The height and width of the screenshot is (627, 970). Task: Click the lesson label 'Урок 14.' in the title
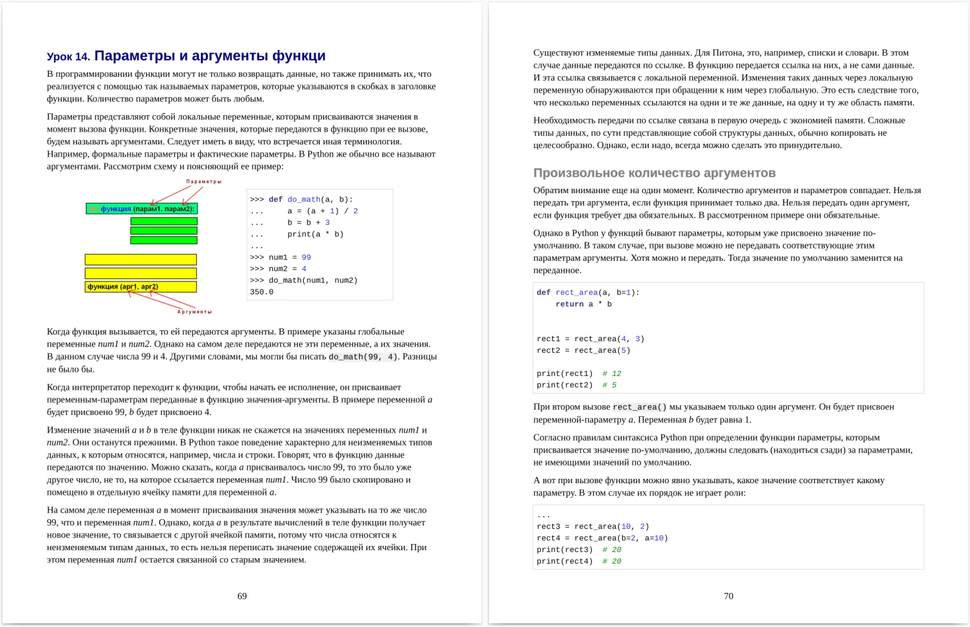[68, 57]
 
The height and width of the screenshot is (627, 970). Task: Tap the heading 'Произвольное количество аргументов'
[654, 173]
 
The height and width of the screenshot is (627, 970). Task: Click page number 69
[242, 596]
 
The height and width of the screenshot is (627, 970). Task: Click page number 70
[728, 596]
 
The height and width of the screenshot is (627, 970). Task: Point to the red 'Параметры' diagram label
[203, 182]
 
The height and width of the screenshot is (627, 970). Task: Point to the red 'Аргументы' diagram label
[194, 311]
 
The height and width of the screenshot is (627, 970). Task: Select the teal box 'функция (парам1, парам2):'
[141, 209]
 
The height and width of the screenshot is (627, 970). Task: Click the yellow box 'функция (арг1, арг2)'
[141, 286]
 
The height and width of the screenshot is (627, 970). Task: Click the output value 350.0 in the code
[261, 292]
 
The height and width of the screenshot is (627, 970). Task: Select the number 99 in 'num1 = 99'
[306, 257]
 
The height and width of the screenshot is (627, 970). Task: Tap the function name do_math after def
[304, 199]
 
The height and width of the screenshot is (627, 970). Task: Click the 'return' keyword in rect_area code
[569, 304]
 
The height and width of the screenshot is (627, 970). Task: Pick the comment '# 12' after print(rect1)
[611, 374]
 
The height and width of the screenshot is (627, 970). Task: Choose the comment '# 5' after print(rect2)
[609, 385]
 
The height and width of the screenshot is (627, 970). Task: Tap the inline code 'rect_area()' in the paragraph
[639, 407]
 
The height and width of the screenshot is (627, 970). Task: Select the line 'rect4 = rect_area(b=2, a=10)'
[602, 538]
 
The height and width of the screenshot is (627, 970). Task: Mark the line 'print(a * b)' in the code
[315, 234]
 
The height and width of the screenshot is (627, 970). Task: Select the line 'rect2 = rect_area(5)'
[583, 350]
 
